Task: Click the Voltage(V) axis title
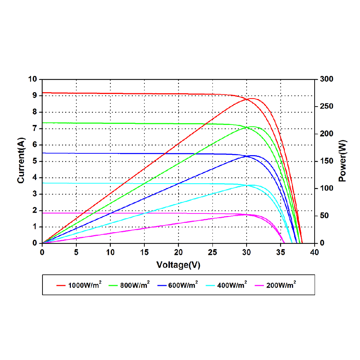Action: coord(178,265)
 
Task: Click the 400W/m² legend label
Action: coord(231,285)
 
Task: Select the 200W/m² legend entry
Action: coord(280,285)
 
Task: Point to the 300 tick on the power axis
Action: coord(327,79)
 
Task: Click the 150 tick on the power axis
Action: coord(327,161)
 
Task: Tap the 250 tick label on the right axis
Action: coord(327,107)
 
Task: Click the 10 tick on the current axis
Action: coord(33,79)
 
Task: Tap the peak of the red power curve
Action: coord(252,98)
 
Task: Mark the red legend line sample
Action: coord(60,285)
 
